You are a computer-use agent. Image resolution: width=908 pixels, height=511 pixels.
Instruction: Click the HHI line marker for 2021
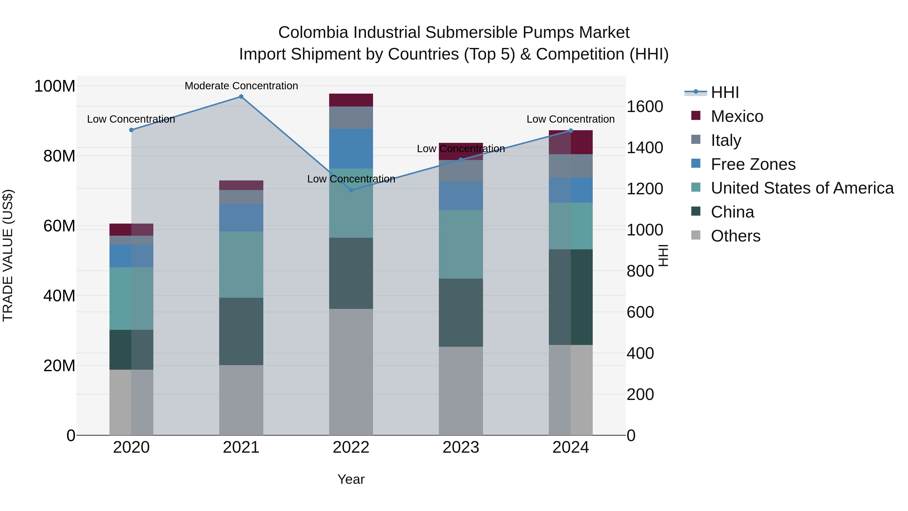[241, 97]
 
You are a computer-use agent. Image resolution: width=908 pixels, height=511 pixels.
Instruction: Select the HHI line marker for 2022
[351, 190]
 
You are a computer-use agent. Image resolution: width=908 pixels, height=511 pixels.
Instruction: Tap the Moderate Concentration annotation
[241, 86]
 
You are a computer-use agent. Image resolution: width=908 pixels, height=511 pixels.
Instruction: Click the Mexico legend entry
[737, 116]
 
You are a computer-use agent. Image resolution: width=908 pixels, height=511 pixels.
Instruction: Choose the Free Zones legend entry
[753, 164]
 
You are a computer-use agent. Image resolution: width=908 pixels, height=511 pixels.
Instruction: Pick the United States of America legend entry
[802, 188]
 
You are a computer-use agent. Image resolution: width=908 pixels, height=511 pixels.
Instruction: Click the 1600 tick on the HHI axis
[645, 106]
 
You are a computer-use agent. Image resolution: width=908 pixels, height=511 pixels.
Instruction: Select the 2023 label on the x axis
[461, 447]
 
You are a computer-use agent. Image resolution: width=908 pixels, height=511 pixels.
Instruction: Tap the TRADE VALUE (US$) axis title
[8, 255]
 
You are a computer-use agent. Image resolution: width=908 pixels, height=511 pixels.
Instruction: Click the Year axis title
[351, 479]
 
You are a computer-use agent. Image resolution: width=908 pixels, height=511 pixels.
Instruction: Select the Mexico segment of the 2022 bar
[351, 100]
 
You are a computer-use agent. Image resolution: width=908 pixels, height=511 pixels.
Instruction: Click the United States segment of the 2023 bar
[461, 244]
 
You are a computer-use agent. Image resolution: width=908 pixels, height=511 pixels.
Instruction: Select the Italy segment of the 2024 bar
[571, 166]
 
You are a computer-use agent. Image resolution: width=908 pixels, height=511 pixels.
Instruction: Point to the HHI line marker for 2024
[571, 131]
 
